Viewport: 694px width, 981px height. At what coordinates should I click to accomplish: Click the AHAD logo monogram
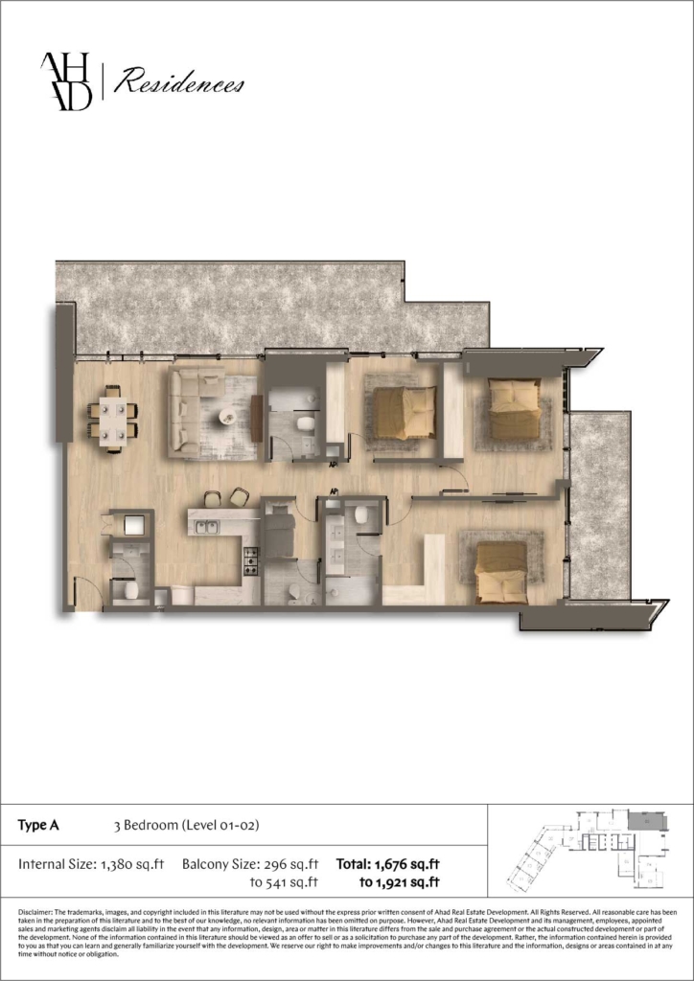[x=66, y=81]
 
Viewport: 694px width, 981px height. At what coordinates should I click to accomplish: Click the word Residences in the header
[x=178, y=84]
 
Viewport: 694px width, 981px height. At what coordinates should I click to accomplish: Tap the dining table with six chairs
[x=112, y=418]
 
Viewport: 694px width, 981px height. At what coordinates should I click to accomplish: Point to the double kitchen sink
[x=205, y=526]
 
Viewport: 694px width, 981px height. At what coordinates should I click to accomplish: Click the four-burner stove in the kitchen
[x=250, y=559]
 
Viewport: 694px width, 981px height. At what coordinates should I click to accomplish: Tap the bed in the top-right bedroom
[x=514, y=408]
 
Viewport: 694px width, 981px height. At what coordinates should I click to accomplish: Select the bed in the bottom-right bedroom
[x=500, y=572]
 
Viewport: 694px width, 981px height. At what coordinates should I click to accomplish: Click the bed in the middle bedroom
[x=404, y=413]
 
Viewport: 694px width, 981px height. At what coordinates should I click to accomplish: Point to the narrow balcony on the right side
[x=599, y=503]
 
